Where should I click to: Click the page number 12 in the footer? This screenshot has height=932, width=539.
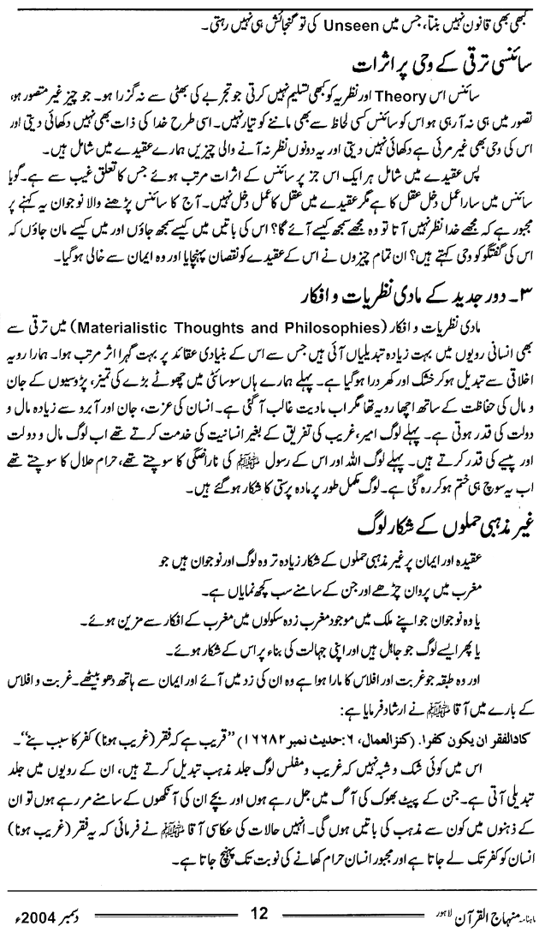pos(269,910)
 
